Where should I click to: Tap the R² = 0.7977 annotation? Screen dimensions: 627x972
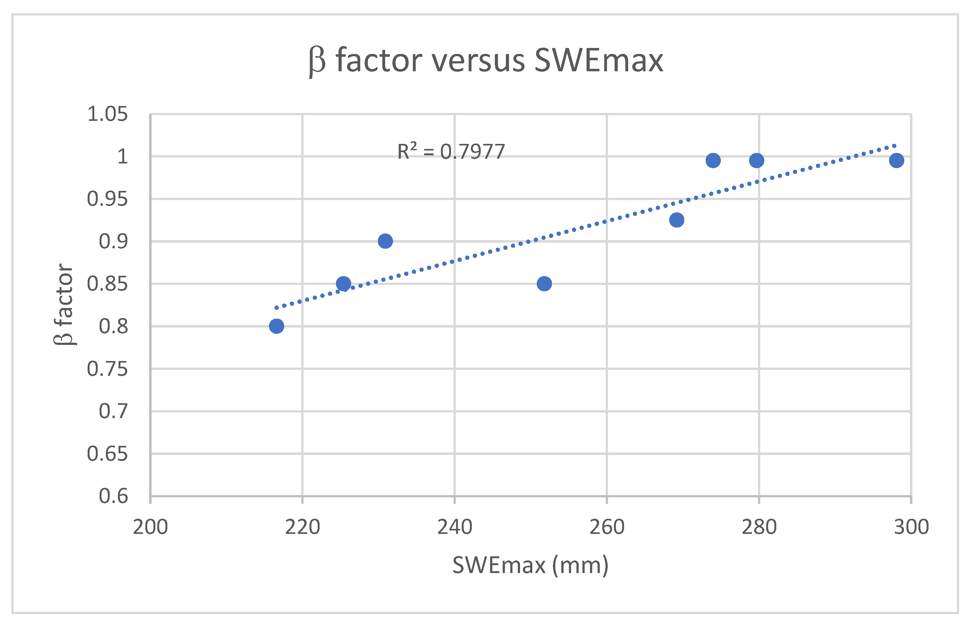(x=451, y=151)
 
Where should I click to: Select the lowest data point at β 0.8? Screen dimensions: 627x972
(x=276, y=326)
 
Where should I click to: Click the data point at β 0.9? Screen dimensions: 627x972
(x=385, y=241)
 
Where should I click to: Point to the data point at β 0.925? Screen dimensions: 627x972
(x=676, y=220)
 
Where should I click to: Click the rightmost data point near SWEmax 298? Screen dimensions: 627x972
(x=896, y=160)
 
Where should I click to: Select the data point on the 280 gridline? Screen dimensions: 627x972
(x=756, y=160)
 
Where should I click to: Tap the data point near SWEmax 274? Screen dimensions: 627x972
(x=713, y=160)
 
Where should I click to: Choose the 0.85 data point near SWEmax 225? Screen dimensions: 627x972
(x=344, y=284)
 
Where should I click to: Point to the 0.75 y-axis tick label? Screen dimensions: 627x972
(x=107, y=369)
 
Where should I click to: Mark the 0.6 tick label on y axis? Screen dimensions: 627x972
(x=113, y=496)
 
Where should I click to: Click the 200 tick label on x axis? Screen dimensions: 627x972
(x=150, y=527)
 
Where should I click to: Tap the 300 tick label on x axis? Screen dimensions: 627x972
(x=911, y=527)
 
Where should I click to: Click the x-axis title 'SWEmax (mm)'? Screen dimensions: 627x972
(x=530, y=565)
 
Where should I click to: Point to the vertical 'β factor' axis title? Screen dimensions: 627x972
(x=64, y=305)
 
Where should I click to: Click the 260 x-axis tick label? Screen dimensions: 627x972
(x=607, y=527)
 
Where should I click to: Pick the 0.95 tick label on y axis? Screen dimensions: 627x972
(x=107, y=199)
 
